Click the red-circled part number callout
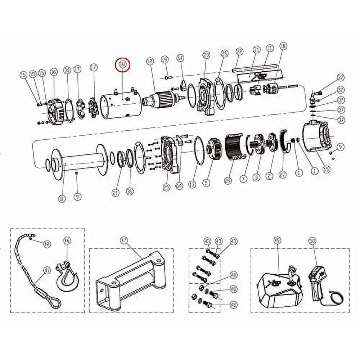(x=122, y=65)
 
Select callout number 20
(x=206, y=55)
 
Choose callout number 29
(x=228, y=181)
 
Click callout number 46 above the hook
(x=67, y=240)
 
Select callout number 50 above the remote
(x=312, y=240)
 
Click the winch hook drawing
(x=67, y=277)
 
